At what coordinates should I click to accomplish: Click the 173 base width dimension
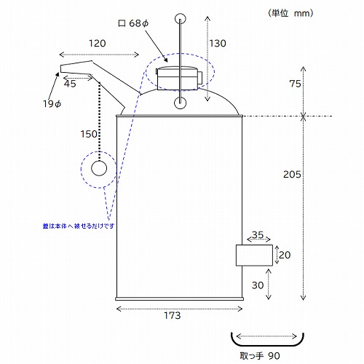[173, 315]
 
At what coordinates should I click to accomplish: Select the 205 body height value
[292, 174]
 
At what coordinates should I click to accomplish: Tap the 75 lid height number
[295, 84]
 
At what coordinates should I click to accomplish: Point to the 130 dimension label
[218, 44]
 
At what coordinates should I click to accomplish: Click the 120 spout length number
[98, 44]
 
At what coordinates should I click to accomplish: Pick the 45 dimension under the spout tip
[70, 84]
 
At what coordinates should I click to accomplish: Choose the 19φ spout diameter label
[52, 104]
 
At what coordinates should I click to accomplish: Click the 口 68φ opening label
[133, 23]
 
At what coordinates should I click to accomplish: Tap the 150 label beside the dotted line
[89, 134]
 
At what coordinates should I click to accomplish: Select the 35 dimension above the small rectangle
[258, 234]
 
